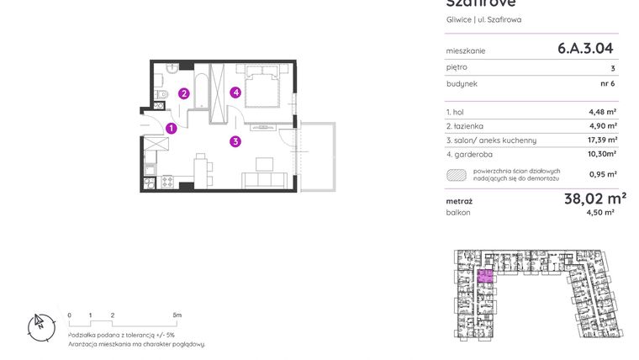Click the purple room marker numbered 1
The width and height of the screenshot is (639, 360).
coord(171,129)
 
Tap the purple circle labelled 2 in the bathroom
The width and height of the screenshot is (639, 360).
coord(183,93)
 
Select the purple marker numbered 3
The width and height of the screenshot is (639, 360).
coord(236,141)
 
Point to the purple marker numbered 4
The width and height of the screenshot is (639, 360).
coord(236,93)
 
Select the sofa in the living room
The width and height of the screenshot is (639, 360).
coord(263,179)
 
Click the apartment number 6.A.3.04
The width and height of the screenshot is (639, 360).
coord(585,49)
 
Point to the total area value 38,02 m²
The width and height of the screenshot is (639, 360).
coord(594,199)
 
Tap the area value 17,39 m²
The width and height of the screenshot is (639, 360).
coord(602,140)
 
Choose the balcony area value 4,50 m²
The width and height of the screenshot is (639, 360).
coord(602,213)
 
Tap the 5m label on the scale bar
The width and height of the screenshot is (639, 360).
coord(177,315)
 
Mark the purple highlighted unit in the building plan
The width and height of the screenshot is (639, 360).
coord(485,276)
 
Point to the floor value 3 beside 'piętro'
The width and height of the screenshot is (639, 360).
coord(613,67)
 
